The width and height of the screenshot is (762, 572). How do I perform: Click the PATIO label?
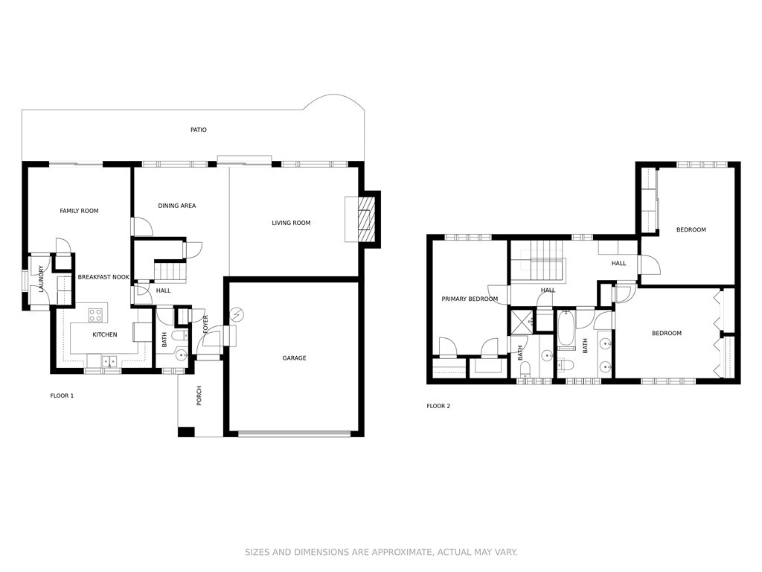(x=198, y=130)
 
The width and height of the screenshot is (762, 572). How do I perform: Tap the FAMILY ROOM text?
(x=79, y=211)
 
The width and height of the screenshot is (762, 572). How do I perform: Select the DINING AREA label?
(x=177, y=206)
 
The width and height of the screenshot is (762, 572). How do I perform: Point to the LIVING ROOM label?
(x=291, y=223)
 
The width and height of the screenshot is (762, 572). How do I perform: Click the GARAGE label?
(x=295, y=358)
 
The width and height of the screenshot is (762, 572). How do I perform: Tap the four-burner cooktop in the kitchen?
(x=96, y=315)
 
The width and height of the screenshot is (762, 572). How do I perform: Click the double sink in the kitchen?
(x=109, y=361)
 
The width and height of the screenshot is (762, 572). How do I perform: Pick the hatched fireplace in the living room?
(x=368, y=220)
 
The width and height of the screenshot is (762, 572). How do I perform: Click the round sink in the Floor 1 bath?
(x=182, y=355)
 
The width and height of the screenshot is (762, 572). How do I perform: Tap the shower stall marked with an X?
(x=522, y=322)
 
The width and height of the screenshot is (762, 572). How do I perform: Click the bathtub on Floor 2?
(x=566, y=329)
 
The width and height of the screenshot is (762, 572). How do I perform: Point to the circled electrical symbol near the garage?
(x=237, y=316)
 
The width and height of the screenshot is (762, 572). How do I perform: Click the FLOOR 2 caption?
(x=438, y=406)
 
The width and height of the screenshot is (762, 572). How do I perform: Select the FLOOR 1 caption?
(x=62, y=396)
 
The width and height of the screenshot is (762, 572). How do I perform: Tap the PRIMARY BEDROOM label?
(x=470, y=299)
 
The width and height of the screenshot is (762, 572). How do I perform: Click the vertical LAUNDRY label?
(x=42, y=279)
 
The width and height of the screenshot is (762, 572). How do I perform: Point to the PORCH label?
(x=199, y=396)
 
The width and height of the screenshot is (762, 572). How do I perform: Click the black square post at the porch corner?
(x=186, y=432)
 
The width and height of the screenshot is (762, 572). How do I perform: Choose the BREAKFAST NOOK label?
(x=103, y=277)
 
